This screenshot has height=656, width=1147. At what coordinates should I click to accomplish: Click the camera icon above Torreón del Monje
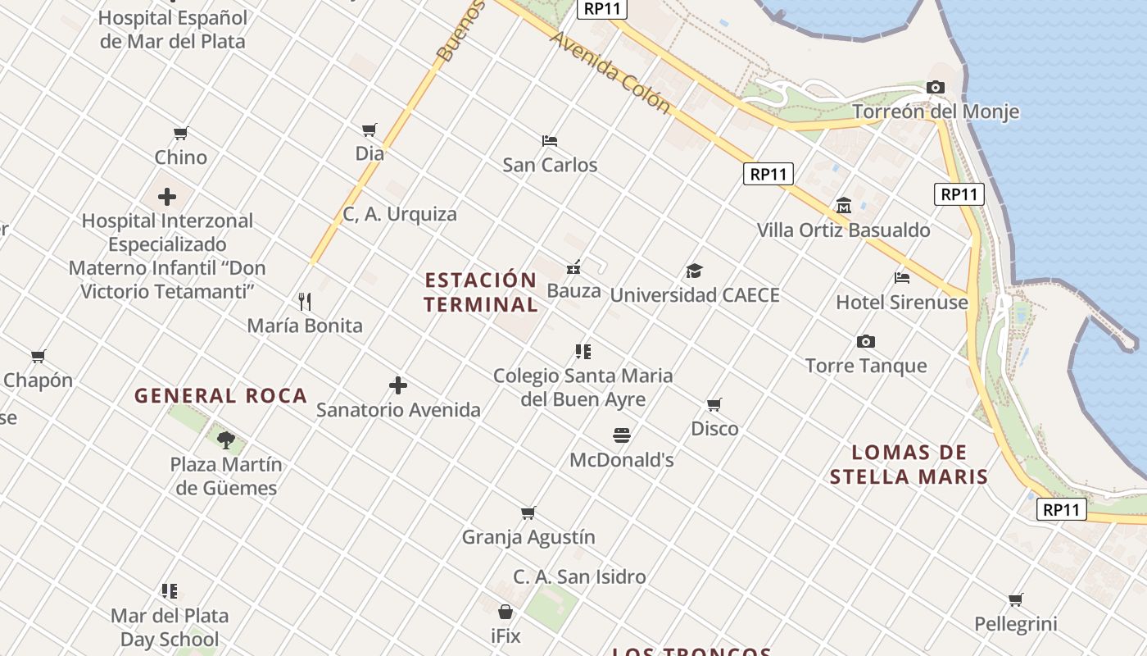935,87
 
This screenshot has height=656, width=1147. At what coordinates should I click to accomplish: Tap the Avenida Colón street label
610,72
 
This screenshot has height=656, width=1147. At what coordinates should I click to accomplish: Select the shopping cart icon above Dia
369,130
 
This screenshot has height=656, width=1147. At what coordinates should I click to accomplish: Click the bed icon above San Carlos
550,141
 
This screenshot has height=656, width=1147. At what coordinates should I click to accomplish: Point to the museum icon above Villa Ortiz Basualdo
844,205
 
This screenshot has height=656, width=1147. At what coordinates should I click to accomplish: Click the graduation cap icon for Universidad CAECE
694,271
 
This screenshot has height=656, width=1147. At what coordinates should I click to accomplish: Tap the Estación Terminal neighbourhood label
481,292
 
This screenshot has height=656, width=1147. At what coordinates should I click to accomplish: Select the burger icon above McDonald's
622,435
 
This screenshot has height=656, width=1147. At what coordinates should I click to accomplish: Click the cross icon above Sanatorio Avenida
398,385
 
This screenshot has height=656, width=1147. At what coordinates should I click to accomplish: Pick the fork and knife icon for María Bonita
305,301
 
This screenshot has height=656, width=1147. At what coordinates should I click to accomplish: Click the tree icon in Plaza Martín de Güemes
226,440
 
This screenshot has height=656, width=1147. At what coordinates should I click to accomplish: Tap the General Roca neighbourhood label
220,396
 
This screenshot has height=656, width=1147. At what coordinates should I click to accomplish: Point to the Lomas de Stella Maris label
909,464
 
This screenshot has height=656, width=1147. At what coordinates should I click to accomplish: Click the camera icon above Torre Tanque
866,341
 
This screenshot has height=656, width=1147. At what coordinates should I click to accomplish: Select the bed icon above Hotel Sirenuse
902,278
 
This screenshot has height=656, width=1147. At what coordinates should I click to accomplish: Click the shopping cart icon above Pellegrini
1016,599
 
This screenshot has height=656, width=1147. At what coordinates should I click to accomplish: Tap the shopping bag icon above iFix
505,612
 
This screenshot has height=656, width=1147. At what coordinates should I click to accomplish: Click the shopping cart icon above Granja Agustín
528,513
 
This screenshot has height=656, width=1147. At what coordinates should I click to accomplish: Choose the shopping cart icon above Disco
714,404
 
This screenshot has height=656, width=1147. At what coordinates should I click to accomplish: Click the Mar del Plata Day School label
170,627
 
